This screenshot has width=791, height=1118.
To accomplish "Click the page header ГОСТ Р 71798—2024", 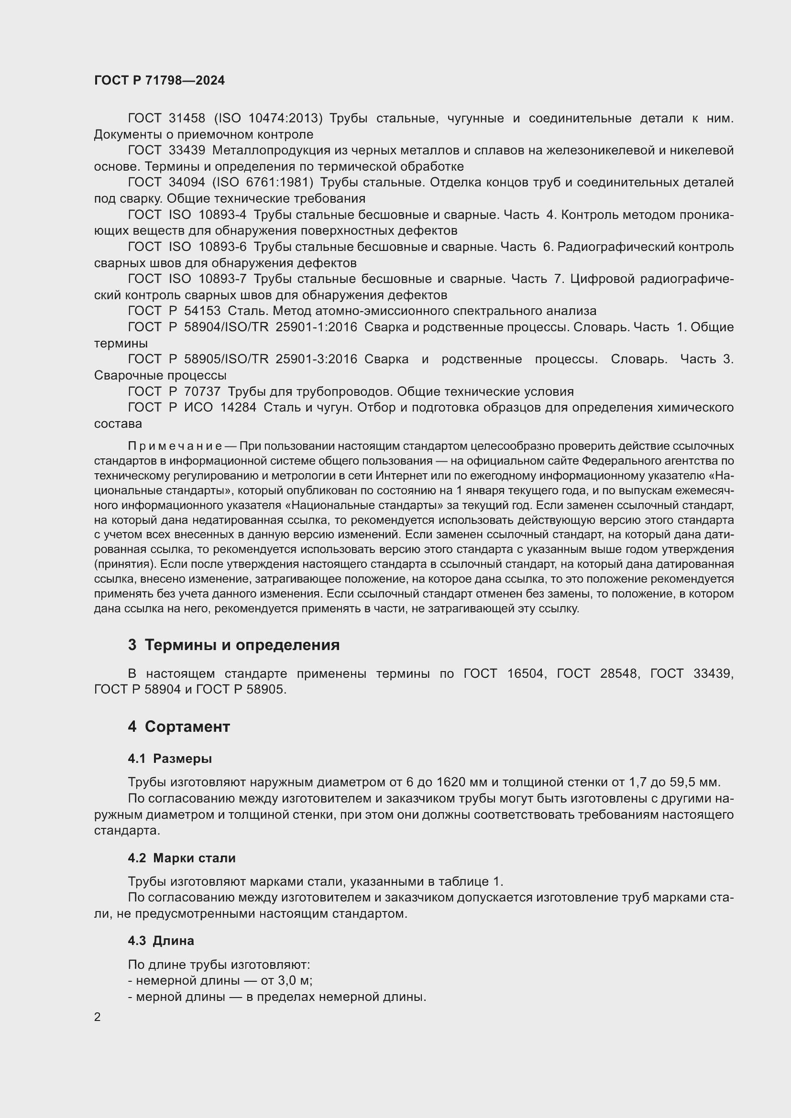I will coord(159,80).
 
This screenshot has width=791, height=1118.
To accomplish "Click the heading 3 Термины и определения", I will coord(234,645).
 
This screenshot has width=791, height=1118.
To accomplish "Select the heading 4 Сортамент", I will coord(179,727).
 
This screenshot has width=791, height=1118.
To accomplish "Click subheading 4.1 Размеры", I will coord(170,759).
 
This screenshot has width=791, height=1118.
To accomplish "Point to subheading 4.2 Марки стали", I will coord(182,858).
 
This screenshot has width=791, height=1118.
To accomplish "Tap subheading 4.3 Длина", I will coord(161,941).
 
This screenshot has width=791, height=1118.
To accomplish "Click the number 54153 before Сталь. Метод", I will coord(203,311).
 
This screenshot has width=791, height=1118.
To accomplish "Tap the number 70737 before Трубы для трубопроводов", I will coord(203,391).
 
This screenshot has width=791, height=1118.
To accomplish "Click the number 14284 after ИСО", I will coord(239,408).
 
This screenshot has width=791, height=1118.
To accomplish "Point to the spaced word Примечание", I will coord(175,446).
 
